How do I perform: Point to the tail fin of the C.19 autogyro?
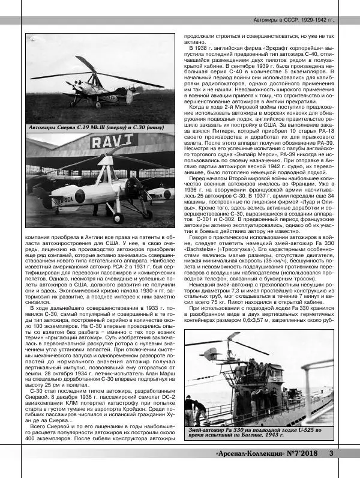click(129, 95)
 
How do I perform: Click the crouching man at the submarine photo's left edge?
click(191, 410)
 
